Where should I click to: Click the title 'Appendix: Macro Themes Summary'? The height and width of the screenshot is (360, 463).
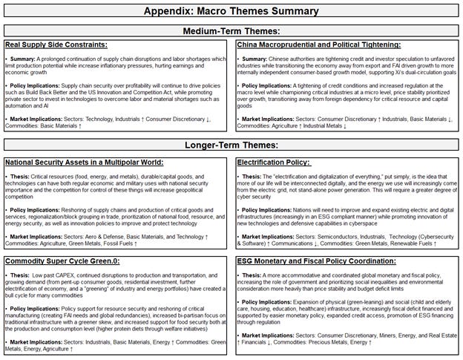coord(231,11)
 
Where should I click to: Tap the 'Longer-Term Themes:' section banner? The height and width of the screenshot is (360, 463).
coord(231,145)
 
